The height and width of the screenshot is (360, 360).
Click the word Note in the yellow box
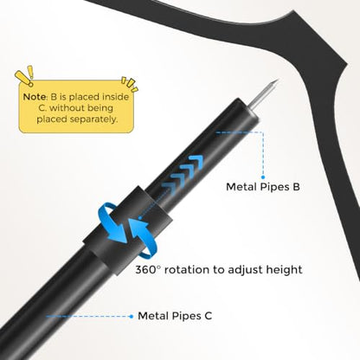point(35,97)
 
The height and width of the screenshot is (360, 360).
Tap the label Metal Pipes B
point(263,187)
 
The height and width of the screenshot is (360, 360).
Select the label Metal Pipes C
point(175,316)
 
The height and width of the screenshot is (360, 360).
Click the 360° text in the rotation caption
point(148,270)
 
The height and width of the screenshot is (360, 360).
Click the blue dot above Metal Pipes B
point(263,177)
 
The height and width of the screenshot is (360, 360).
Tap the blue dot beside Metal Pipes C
point(132,317)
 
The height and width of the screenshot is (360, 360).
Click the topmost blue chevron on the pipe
point(196,162)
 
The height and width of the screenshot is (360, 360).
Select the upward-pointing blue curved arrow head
point(136,224)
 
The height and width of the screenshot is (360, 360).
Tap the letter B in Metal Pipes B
point(296,187)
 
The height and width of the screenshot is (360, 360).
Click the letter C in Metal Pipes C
point(209,316)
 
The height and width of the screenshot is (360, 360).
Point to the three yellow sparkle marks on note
point(130,83)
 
